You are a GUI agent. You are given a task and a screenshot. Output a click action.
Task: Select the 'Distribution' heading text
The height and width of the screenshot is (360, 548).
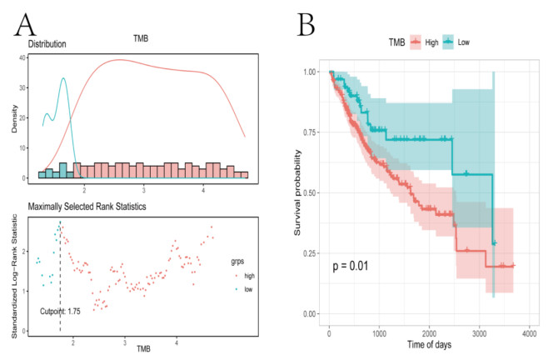(47, 43)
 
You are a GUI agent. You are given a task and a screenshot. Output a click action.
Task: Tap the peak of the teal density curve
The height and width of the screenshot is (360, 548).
(63, 79)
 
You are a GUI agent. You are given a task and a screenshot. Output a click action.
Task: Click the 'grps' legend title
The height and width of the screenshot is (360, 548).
(241, 258)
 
